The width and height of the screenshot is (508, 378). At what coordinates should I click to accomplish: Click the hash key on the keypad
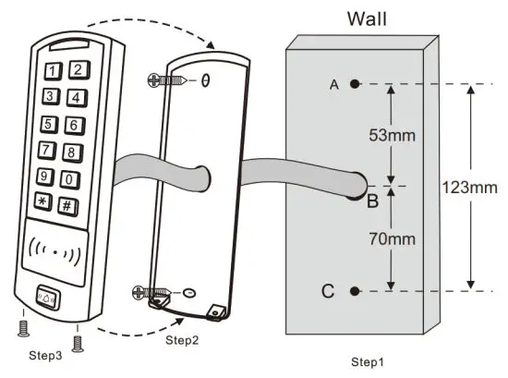pos(67,205)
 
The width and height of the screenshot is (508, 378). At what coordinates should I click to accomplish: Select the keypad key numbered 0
pos(68,179)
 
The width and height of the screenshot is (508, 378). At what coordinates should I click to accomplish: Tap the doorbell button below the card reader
pos(50,299)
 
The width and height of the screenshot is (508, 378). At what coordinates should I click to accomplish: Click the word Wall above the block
pos(366,18)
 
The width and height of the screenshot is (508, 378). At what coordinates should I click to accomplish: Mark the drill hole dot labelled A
pos(355,84)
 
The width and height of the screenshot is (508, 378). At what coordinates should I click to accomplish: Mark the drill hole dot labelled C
pos(355,291)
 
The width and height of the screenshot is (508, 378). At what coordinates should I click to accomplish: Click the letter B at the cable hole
pos(372,201)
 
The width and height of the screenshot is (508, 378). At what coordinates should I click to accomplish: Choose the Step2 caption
pos(182,340)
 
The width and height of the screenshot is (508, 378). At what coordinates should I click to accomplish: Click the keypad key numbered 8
pos(69,152)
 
